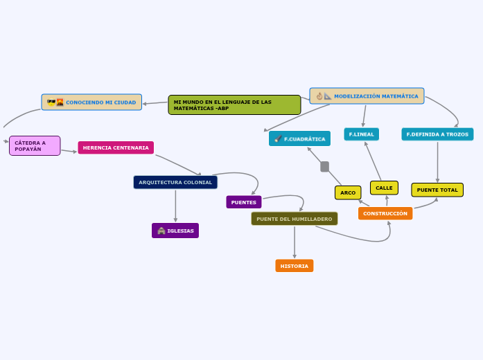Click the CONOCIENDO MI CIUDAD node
pyautogui.click(x=91, y=102)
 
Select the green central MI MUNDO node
pyautogui.click(x=234, y=105)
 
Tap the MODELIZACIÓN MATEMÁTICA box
pyautogui.click(x=367, y=96)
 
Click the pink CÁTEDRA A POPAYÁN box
pyautogui.click(x=35, y=145)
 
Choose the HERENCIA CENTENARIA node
pyautogui.click(x=116, y=147)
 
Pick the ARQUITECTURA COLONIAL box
pyautogui.click(x=175, y=182)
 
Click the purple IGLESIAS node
pyautogui.click(x=175, y=231)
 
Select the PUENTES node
pyautogui.click(x=244, y=202)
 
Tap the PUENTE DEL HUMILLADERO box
pyautogui.click(x=295, y=219)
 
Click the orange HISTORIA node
pyautogui.click(x=295, y=266)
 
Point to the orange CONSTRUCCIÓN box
pyautogui.click(x=385, y=213)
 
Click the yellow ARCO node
pyautogui.click(x=348, y=192)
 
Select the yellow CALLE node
pyautogui.click(x=384, y=188)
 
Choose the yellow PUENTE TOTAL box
pyautogui.click(x=437, y=190)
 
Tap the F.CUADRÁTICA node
pyautogui.click(x=299, y=138)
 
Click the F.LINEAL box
pyautogui.click(x=361, y=134)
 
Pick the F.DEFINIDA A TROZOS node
pyautogui.click(x=437, y=134)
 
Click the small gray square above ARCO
pyautogui.click(x=324, y=166)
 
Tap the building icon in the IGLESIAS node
pyautogui.click(x=161, y=231)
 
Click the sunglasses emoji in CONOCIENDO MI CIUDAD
pyautogui.click(x=51, y=102)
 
